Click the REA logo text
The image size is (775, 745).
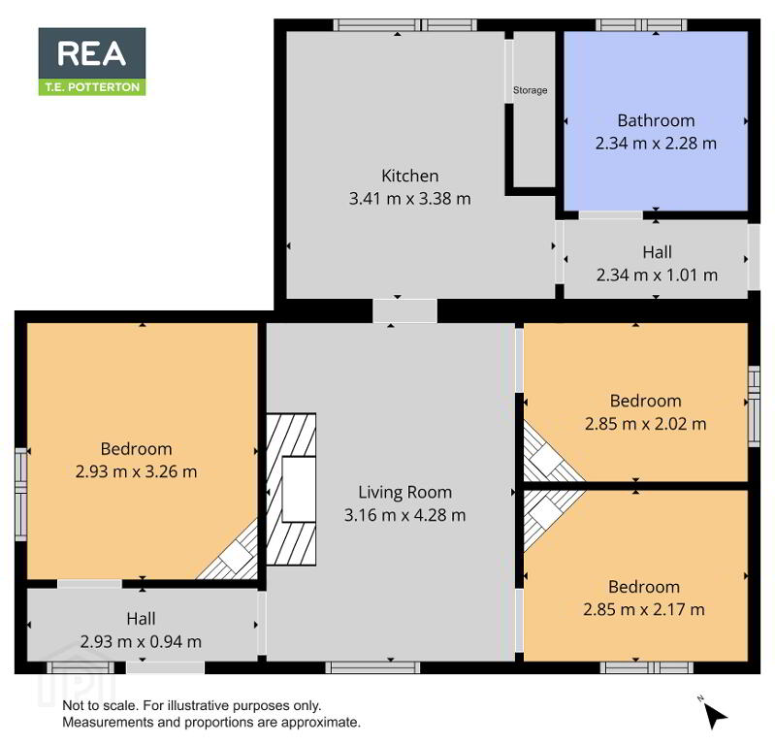click(x=92, y=53)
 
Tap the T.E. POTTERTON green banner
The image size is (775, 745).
click(x=92, y=87)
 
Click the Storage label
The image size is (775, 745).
click(x=530, y=90)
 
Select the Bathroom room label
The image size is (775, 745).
click(x=656, y=120)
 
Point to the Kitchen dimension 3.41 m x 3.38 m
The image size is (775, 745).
click(x=409, y=199)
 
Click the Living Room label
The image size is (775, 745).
click(x=404, y=493)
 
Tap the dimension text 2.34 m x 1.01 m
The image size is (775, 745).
click(x=657, y=275)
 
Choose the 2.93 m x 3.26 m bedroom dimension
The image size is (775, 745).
click(x=136, y=471)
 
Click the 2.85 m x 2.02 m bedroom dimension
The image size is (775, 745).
click(x=645, y=424)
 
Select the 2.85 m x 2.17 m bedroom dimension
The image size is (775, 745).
click(x=643, y=609)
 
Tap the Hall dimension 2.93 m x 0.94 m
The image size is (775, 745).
click(x=141, y=641)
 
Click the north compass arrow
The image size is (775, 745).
click(x=715, y=715)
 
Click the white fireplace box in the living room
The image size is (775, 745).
click(x=299, y=489)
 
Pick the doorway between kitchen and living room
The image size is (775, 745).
click(x=404, y=311)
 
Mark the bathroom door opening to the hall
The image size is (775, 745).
click(x=610, y=215)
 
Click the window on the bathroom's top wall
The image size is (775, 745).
click(x=641, y=24)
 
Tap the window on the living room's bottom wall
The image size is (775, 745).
click(x=372, y=667)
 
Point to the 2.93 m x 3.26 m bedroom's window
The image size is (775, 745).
click(x=20, y=495)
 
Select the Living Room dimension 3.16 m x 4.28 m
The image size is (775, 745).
click(x=404, y=515)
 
